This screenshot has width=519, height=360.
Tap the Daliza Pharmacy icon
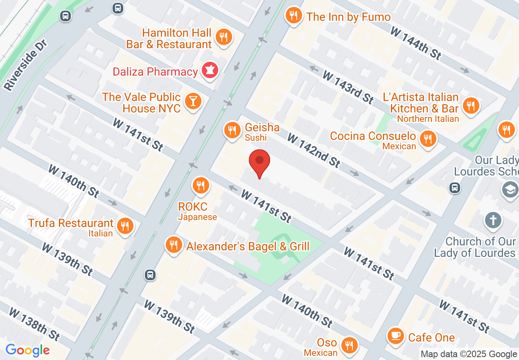click(x=210, y=71)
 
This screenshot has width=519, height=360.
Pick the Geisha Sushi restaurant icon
click(x=232, y=131)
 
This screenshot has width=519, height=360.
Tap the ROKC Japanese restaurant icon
click(x=200, y=186)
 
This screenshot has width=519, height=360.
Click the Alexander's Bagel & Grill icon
click(x=174, y=245)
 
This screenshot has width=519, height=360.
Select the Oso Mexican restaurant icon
click(x=349, y=345)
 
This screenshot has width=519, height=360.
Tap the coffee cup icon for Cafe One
click(x=396, y=336)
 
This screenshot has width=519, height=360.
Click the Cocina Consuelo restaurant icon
click(x=427, y=139)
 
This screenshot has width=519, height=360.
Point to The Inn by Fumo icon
click(x=293, y=16)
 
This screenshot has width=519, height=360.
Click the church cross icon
click(x=493, y=220)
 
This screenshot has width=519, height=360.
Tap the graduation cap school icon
click(x=510, y=190)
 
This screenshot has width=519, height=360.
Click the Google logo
click(x=27, y=351)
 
